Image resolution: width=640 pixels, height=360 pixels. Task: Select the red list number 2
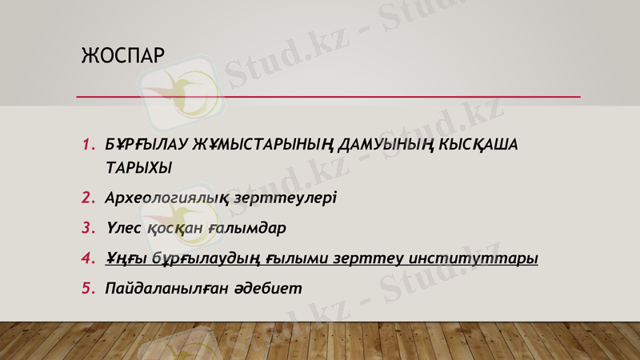(87, 197)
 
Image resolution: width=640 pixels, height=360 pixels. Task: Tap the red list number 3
(87, 228)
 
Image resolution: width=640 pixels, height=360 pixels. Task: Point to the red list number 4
(87, 258)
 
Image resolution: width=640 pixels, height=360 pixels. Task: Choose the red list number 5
(87, 288)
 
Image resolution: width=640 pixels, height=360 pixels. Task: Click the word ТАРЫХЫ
(138, 169)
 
